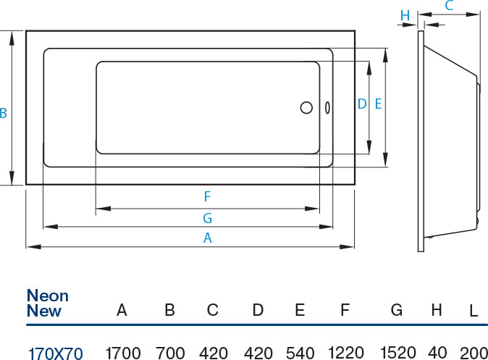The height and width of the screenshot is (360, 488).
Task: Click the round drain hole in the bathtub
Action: pyautogui.click(x=306, y=109)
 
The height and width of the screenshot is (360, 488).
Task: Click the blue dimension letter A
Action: pyautogui.click(x=207, y=237)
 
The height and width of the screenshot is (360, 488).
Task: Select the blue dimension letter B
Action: pyautogui.click(x=4, y=114)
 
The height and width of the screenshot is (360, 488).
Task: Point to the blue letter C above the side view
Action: pyautogui.click(x=449, y=7)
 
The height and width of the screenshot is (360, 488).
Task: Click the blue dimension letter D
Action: pyautogui.click(x=362, y=104)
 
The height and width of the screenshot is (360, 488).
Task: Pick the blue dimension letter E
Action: pyautogui.click(x=378, y=104)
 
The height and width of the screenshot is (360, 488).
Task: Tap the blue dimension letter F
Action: pyautogui.click(x=207, y=196)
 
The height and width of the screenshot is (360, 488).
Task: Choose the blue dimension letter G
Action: pyautogui.click(x=207, y=217)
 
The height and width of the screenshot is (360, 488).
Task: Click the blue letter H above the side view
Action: pyautogui.click(x=405, y=15)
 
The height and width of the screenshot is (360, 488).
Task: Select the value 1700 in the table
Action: pyautogui.click(x=122, y=353)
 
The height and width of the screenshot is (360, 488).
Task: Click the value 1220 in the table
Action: pyautogui.click(x=345, y=353)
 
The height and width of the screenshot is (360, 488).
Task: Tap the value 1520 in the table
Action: pyautogui.click(x=396, y=353)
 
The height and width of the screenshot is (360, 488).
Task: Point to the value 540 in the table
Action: pyautogui.click(x=300, y=353)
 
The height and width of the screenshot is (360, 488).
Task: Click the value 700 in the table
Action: pyautogui.click(x=170, y=353)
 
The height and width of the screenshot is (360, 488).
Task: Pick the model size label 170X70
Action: pyautogui.click(x=55, y=353)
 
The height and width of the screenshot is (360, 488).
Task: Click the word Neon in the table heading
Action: pyautogui.click(x=47, y=296)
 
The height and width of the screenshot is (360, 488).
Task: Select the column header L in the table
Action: pyautogui.click(x=473, y=311)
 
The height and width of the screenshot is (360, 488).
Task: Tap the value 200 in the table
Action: pyautogui.click(x=473, y=353)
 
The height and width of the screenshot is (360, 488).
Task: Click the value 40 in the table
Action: pyautogui.click(x=437, y=353)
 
